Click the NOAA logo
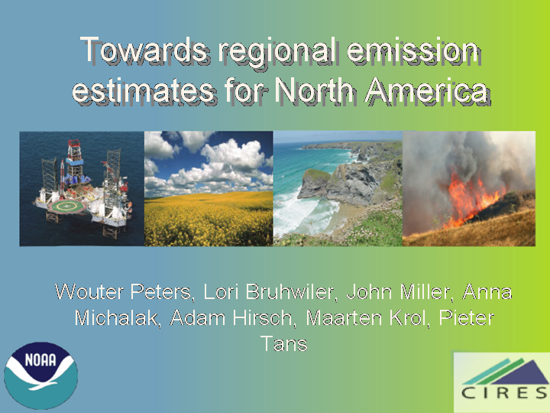click(41, 376)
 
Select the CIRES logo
click(502, 382)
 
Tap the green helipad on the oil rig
click(66, 206)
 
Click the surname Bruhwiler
click(290, 291)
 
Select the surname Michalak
click(118, 317)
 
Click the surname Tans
click(283, 343)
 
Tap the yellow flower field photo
click(209, 189)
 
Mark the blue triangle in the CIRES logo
click(520, 372)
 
